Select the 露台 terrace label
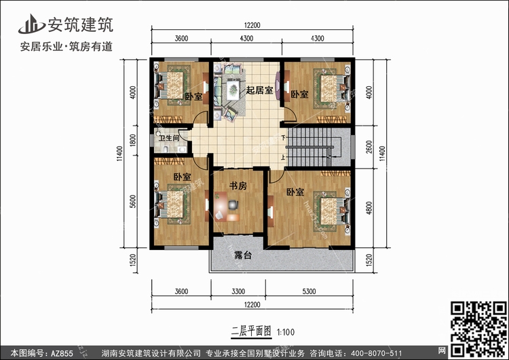242,256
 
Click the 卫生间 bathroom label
170,139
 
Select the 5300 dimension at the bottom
309,293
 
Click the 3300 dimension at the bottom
238,293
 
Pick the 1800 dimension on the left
133,141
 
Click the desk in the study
230,203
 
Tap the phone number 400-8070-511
378,353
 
